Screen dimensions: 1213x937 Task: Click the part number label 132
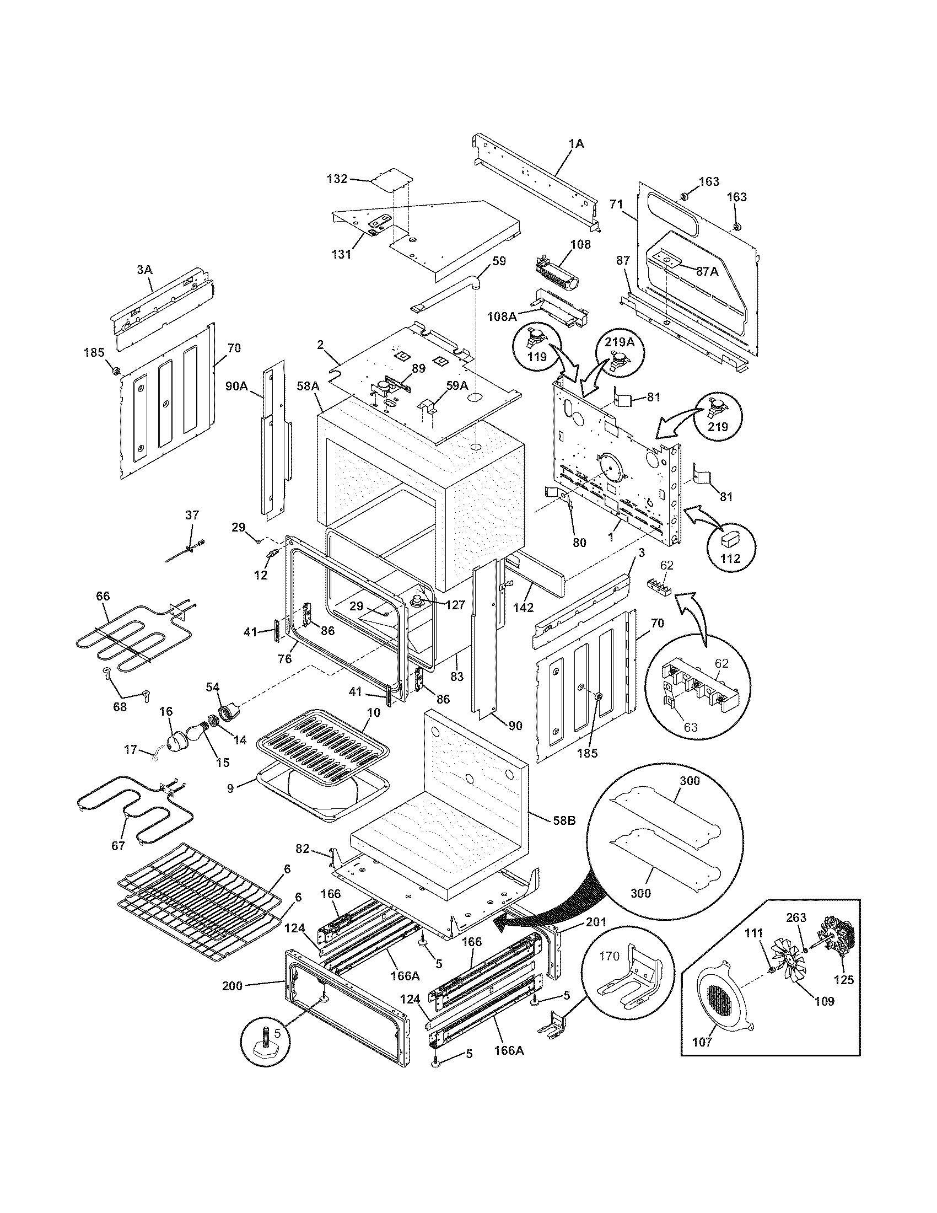[x=337, y=179]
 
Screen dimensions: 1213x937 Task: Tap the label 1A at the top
[x=576, y=143]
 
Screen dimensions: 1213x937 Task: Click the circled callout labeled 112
[x=730, y=557]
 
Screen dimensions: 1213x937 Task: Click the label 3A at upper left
[x=144, y=270]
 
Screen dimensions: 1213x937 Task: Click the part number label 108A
[x=502, y=316]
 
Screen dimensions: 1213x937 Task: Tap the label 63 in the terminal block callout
[x=690, y=727]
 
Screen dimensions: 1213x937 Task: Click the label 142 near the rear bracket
[x=523, y=608]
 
